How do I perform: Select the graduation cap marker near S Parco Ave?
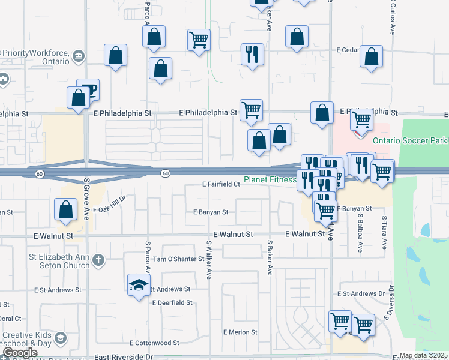[x=139, y=284]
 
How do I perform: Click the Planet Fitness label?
[x=270, y=179]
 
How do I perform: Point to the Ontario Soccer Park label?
[x=410, y=140]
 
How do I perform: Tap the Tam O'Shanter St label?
[x=175, y=259]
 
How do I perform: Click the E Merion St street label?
[x=240, y=332]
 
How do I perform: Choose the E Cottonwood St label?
[x=157, y=343]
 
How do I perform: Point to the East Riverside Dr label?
[x=124, y=356]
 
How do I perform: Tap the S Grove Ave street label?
[x=86, y=199]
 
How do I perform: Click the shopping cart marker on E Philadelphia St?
[x=251, y=110]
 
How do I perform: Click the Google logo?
[x=19, y=353]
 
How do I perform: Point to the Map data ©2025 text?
[x=424, y=356]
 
